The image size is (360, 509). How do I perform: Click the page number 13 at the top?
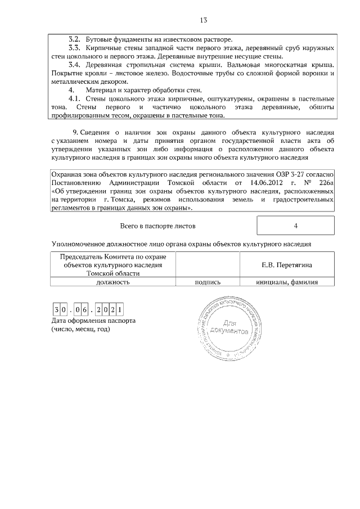point(204,21)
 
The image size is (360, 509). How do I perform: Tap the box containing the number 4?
point(295,226)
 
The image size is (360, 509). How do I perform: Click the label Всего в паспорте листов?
point(159,226)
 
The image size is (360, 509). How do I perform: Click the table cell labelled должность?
point(113,282)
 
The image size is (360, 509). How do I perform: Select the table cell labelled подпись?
point(207,282)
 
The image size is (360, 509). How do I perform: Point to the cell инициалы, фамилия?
point(287,282)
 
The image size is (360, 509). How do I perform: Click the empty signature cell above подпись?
point(207,264)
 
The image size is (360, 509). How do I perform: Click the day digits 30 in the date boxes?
point(61,310)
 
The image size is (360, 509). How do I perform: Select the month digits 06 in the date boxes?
point(83,310)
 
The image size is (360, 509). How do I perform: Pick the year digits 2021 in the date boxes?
point(110,310)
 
